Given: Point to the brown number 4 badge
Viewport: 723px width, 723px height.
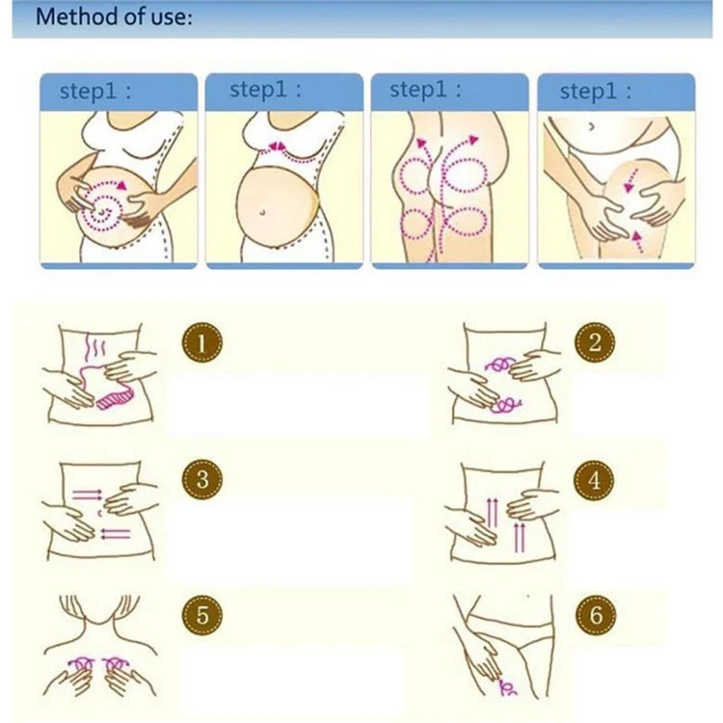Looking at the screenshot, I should click(x=595, y=479).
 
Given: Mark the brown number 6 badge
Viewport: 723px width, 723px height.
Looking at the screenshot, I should click(x=595, y=614).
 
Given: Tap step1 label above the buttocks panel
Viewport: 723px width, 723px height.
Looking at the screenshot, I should click(x=425, y=90).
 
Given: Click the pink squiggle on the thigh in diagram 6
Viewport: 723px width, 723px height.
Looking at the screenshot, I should click(x=507, y=687).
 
